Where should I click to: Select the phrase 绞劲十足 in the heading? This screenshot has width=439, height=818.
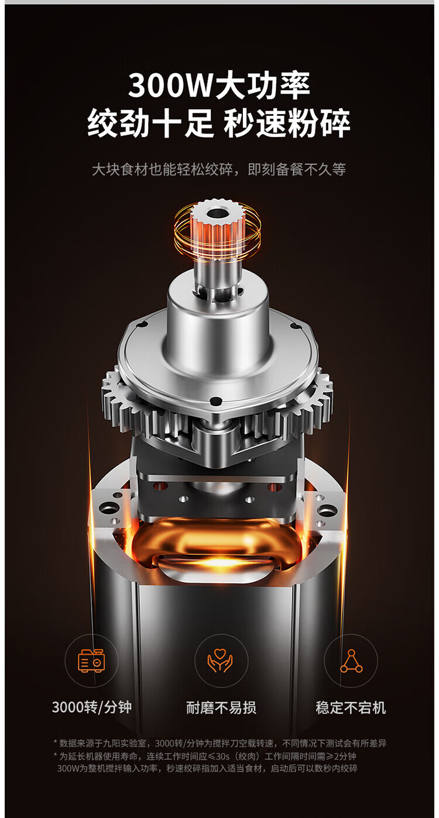pos(150,123)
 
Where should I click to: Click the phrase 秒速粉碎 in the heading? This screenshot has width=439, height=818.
pos(287,123)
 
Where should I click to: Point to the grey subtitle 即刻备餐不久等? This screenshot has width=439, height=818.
pos(297,169)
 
